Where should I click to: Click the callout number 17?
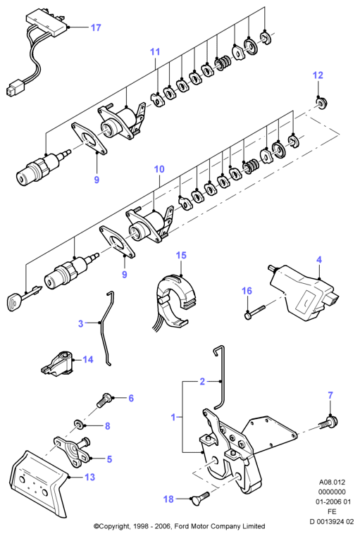96,27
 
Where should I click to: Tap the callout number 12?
318,75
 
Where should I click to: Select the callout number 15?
181,256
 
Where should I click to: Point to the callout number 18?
168,499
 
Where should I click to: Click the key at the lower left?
23,297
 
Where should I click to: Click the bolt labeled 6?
104,401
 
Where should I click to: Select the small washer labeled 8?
80,425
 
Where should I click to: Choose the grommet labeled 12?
321,103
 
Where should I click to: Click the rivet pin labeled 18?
199,499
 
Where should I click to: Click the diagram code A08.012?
332,482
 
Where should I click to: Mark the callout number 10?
159,169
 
